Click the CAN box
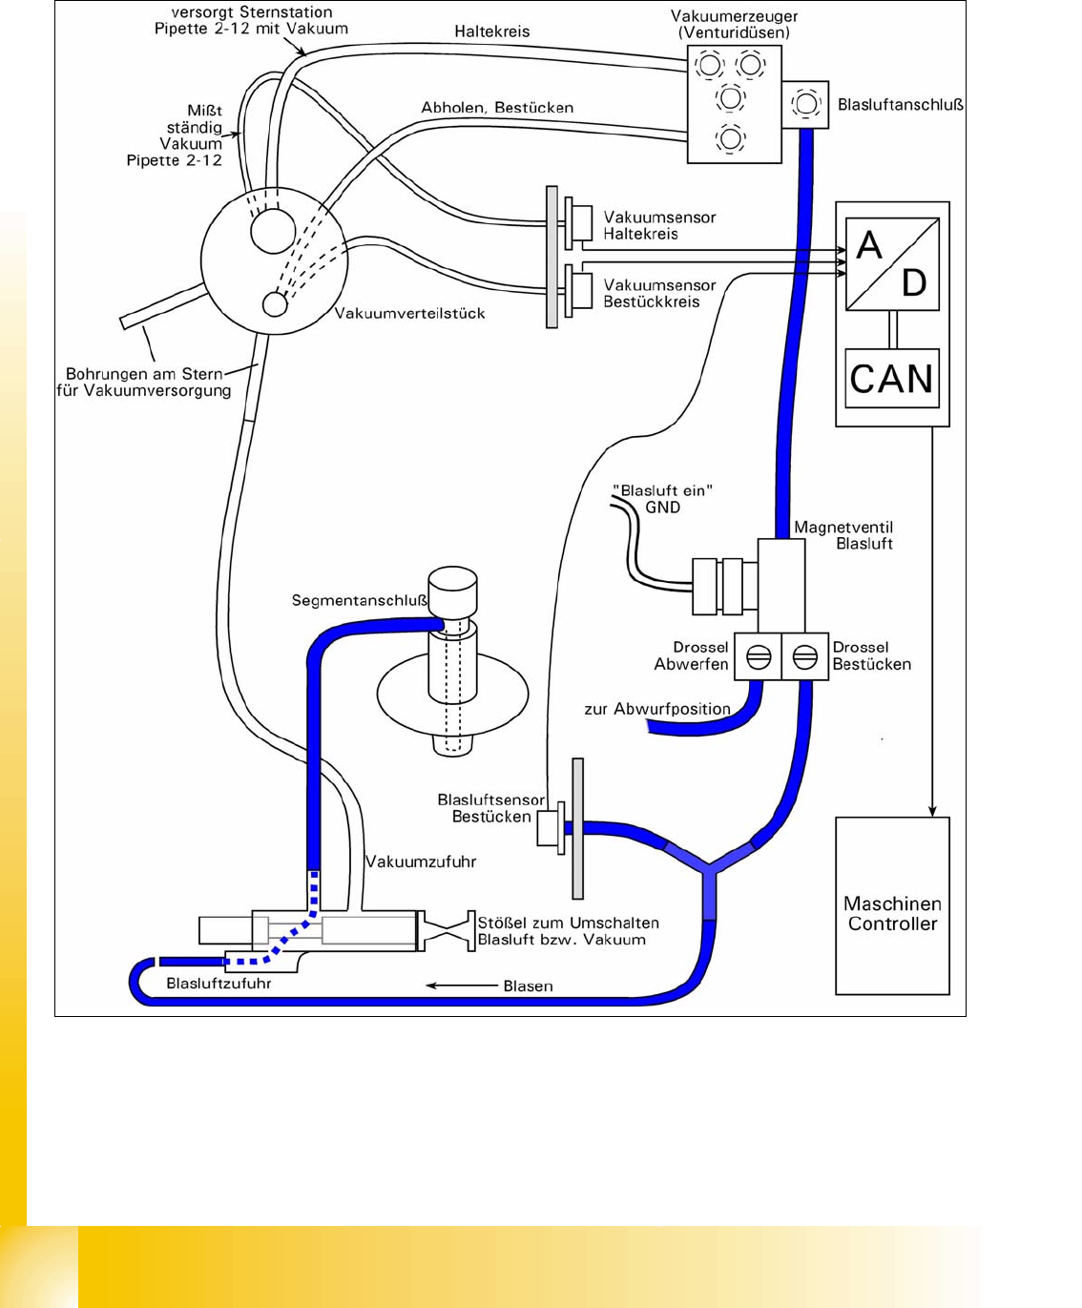892,379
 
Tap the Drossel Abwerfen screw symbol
759,657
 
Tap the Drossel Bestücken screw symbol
804,657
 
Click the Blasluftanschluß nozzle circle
806,103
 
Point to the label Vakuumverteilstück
409,313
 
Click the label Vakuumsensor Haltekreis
659,225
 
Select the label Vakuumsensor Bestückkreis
659,293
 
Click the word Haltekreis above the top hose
491,31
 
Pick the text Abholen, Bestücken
497,108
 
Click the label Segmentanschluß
360,600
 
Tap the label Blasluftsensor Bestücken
491,808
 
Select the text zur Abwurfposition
657,709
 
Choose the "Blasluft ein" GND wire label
664,499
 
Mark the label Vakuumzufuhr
421,862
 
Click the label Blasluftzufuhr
218,983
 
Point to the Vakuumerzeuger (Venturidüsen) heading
734,24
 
